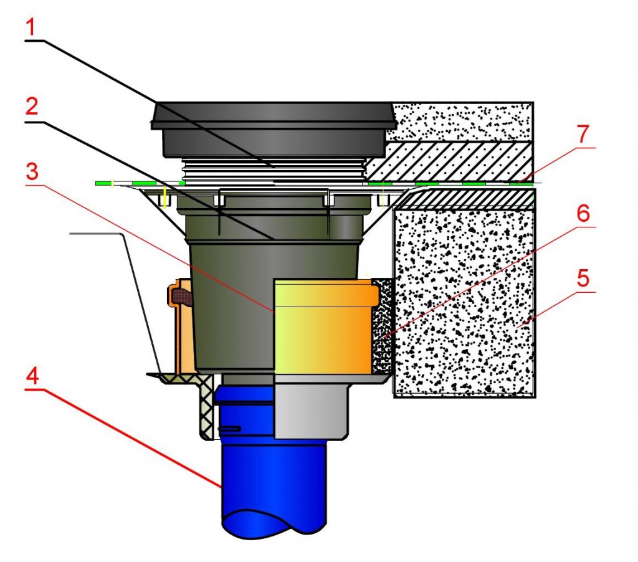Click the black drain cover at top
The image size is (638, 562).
coord(274,128)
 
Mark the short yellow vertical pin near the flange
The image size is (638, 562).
coord(164,196)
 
